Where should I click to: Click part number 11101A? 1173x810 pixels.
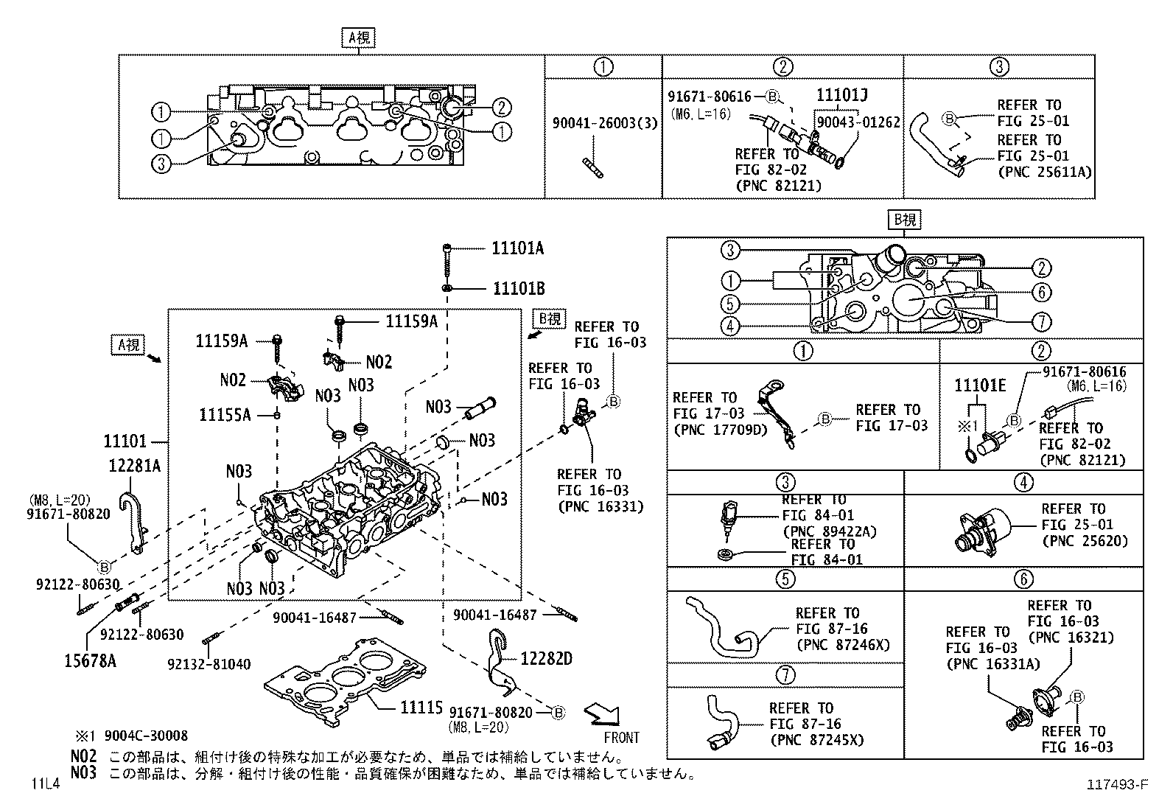tap(517, 248)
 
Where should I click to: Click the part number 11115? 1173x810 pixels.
tap(421, 708)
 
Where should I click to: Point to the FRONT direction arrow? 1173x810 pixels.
tap(602, 714)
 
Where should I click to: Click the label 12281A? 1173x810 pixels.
tap(135, 466)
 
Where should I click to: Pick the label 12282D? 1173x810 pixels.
tap(546, 658)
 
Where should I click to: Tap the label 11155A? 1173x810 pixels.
tap(225, 415)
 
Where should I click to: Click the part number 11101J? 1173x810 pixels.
tap(841, 95)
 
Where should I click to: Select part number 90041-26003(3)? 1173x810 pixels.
tap(604, 122)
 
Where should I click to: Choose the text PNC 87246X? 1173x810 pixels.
tap(842, 645)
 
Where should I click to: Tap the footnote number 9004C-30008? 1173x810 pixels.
tap(146, 736)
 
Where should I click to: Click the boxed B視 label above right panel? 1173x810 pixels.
tap(905, 220)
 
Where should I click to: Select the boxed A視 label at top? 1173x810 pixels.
tap(358, 38)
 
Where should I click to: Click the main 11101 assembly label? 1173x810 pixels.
tap(125, 441)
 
